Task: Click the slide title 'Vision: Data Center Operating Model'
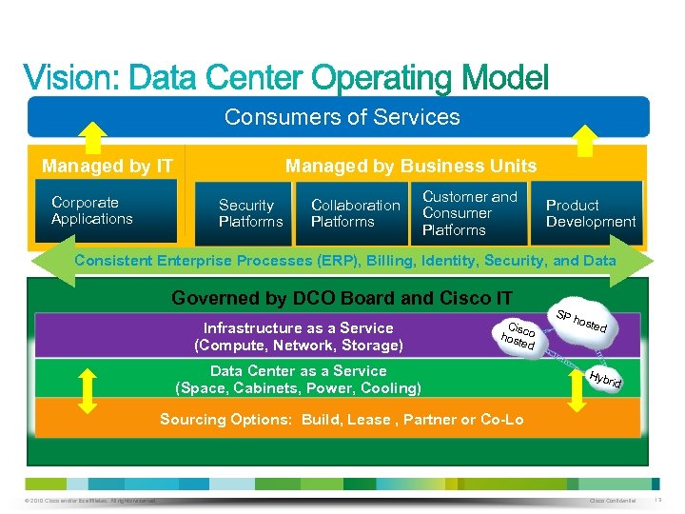[285, 77]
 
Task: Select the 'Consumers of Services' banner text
[342, 117]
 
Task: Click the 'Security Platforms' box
[250, 212]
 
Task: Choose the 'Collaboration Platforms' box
[355, 212]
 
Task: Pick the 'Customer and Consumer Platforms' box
[470, 212]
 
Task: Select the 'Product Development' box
[590, 212]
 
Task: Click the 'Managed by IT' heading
[108, 166]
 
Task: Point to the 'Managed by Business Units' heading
[411, 166]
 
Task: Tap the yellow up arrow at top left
[79, 138]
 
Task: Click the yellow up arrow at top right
[588, 138]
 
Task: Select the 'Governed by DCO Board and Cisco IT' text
[342, 298]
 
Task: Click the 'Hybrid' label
[604, 381]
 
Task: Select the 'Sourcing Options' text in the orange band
[342, 419]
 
